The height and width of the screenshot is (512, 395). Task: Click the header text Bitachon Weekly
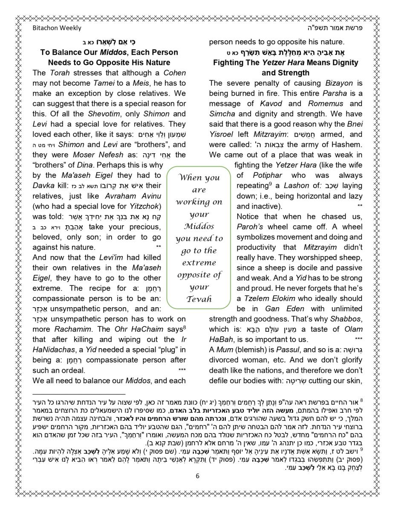(57, 28)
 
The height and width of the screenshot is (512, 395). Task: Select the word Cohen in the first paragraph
(175, 73)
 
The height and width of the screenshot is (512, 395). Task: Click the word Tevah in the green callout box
(199, 299)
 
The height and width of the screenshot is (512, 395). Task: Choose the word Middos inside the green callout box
(199, 226)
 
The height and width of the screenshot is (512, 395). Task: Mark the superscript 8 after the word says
(184, 328)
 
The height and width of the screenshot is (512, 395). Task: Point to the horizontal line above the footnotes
(79, 395)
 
